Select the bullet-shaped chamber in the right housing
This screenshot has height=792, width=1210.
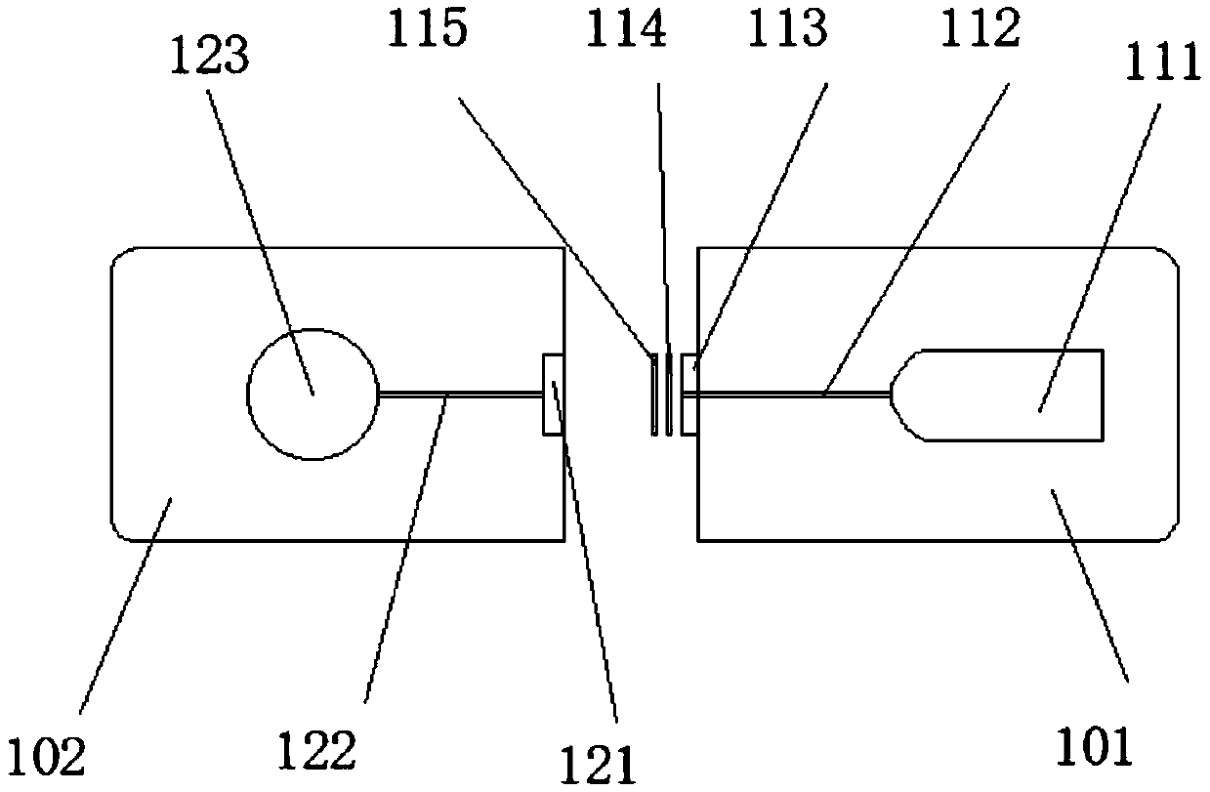[1006, 395]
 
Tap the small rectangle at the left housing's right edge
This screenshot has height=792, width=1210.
[553, 394]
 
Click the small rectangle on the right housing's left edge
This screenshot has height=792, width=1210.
[689, 394]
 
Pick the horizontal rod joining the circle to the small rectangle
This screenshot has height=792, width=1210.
[459, 394]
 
